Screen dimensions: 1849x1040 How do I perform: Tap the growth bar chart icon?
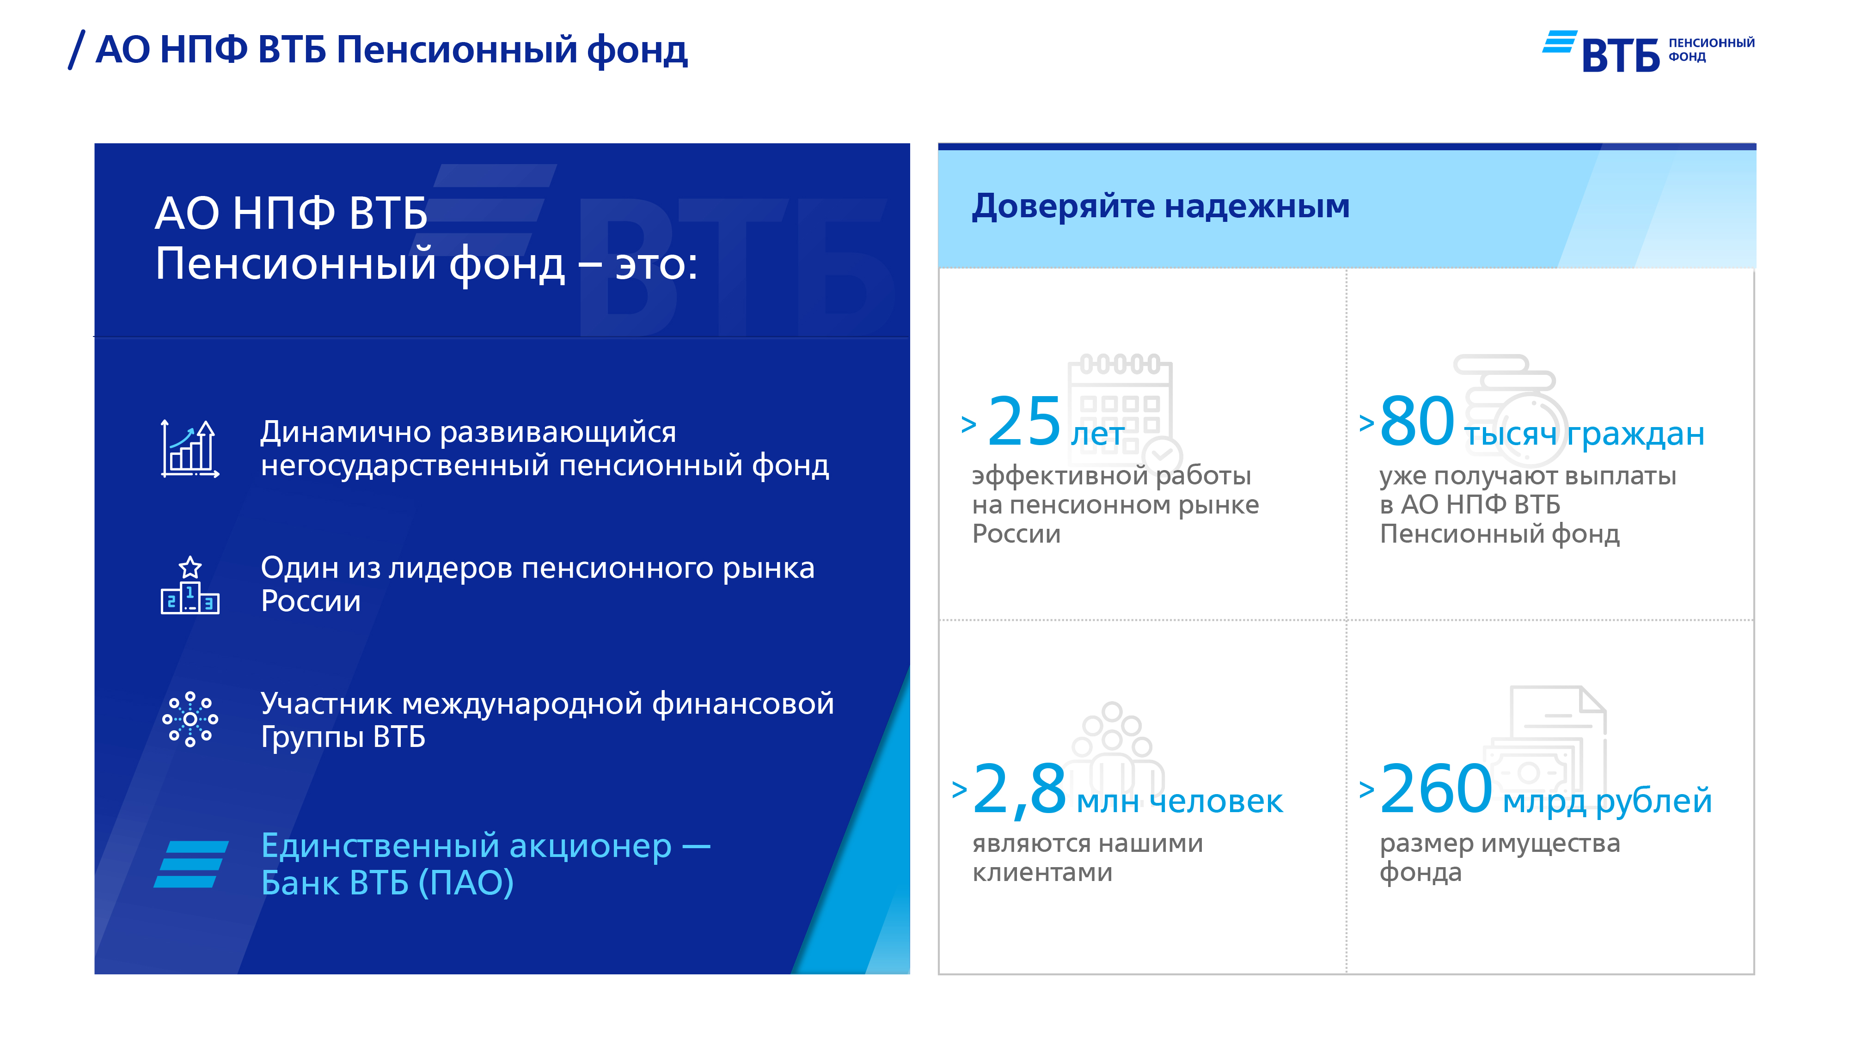click(x=190, y=448)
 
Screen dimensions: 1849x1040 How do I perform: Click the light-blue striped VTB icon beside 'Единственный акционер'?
click(x=191, y=864)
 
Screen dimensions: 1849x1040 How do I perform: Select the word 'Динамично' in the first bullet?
click(x=345, y=432)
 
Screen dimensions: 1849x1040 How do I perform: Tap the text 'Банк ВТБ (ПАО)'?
click(x=388, y=883)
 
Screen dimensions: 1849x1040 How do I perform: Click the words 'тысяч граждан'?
click(x=1584, y=434)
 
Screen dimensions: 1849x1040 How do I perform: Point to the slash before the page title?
click(x=76, y=49)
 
